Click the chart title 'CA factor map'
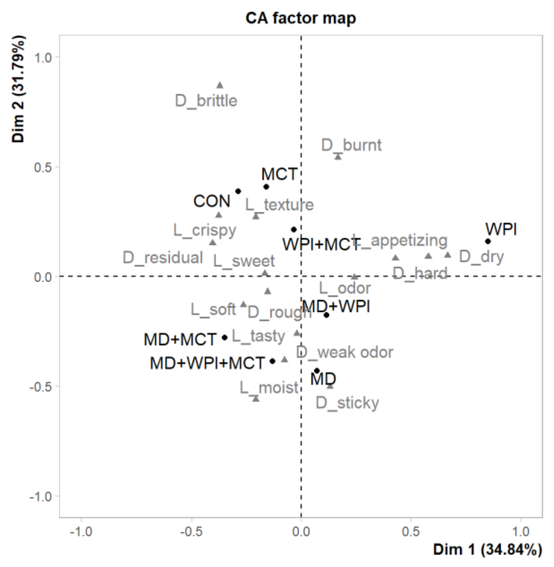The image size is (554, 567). click(300, 18)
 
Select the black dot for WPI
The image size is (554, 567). click(488, 241)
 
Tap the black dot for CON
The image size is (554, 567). click(238, 191)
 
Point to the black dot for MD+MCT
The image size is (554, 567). click(225, 338)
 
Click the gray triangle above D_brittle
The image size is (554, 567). click(220, 85)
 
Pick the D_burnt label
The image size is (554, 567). click(351, 145)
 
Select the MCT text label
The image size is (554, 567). click(279, 174)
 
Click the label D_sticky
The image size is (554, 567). click(347, 403)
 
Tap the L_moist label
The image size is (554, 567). click(269, 388)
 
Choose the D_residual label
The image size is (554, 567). click(163, 257)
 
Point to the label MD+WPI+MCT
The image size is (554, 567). click(207, 363)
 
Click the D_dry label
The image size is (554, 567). click(481, 257)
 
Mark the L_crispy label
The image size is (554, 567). click(205, 230)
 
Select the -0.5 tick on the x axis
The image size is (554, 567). click(191, 532)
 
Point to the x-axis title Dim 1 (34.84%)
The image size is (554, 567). click(487, 549)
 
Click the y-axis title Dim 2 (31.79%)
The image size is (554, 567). click(18, 89)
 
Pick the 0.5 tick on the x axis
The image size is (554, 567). click(411, 532)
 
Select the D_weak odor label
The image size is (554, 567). click(345, 352)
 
